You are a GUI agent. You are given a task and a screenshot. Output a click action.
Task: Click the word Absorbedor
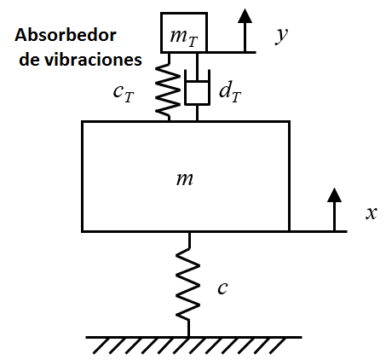pos(66,35)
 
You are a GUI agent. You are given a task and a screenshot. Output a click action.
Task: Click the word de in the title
pos(30,60)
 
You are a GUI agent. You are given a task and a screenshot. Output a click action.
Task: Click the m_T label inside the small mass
pos(184,38)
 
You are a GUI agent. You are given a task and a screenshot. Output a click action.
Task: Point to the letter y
pos(281,36)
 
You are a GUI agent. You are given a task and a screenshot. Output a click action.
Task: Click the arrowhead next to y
pos(245,15)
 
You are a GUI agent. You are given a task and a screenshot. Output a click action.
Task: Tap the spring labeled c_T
pos(168,87)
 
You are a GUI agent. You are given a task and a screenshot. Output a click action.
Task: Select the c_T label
pos(124,93)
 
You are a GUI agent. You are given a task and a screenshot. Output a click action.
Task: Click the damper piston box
pos(197,93)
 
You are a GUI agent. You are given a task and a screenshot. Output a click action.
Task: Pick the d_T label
pos(230,91)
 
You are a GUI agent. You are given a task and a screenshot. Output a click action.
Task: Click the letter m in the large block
pos(185,179)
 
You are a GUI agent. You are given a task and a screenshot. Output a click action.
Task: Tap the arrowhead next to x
pos(334,195)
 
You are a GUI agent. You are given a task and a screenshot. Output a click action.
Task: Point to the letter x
pos(372,213)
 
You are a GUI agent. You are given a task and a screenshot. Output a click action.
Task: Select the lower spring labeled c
pos(187,284)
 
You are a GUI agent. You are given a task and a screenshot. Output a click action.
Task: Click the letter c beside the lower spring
pos(222,288)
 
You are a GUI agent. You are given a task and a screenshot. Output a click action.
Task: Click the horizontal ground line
pos(193,338)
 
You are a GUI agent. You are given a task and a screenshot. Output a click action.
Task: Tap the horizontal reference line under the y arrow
pos(232,52)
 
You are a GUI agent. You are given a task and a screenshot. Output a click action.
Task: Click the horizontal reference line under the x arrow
pos(318,231)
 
